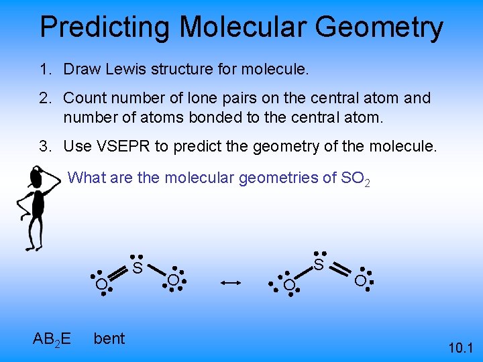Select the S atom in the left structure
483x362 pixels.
pyautogui.click(x=137, y=268)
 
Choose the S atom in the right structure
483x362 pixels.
pyautogui.click(x=319, y=265)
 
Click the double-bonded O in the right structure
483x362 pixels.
pyautogui.click(x=360, y=281)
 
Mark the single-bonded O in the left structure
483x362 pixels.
pyautogui.click(x=173, y=280)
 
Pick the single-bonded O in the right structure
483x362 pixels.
pyautogui.click(x=288, y=286)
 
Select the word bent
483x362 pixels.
pyautogui.click(x=109, y=339)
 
